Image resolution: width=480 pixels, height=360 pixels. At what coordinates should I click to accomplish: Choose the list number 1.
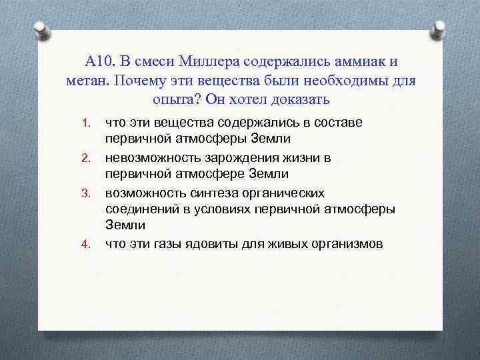click(85, 123)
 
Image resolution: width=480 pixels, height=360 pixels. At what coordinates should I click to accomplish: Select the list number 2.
click(85, 158)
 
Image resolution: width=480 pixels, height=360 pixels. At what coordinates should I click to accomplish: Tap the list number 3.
click(85, 193)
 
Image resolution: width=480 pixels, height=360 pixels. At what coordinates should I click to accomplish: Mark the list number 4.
click(85, 244)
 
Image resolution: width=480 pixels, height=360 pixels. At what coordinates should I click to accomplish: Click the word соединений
click(137, 209)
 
